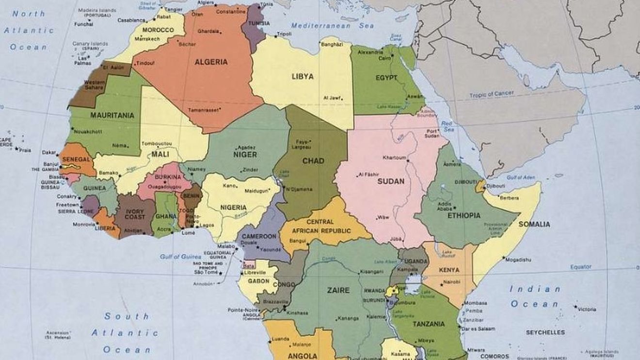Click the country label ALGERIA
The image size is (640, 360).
point(211,62)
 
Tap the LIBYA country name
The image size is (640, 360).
point(302,77)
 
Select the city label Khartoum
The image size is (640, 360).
point(394,158)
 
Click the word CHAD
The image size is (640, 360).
point(313,161)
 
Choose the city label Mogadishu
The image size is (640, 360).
point(517,260)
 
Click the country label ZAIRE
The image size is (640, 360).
point(338,291)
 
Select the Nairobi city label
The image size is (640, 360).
point(451,282)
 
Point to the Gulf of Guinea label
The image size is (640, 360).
point(180,256)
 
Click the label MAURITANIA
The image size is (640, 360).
point(112,115)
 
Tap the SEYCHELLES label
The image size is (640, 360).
point(545,332)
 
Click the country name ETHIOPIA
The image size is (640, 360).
point(464,216)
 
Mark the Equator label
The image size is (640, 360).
point(580,267)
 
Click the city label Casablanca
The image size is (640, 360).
point(131,20)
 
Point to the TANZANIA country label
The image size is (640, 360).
point(429,324)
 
